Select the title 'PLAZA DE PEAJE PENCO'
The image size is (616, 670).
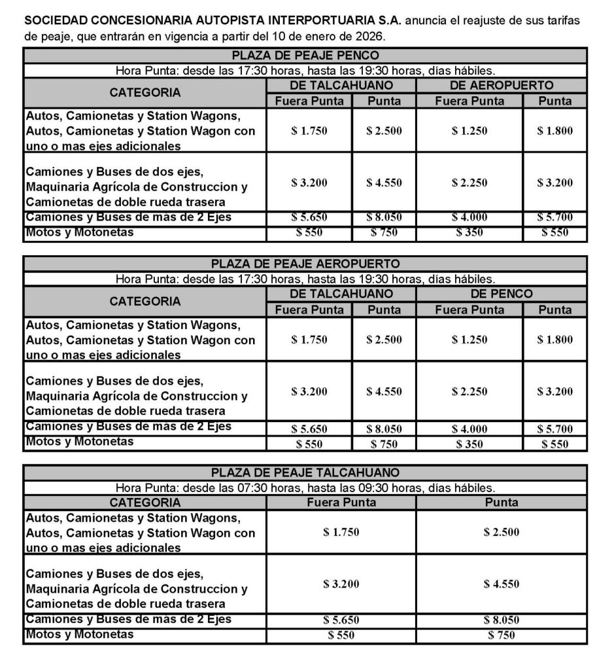305,56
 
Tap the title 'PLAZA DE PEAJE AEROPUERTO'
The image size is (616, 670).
305,264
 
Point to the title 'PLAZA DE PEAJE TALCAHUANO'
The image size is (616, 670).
305,472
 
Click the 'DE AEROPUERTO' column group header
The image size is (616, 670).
502,85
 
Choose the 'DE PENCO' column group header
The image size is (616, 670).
502,294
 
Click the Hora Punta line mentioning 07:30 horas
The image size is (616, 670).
305,487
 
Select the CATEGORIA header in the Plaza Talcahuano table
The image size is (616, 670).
145,502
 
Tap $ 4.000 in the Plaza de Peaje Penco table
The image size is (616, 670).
470,217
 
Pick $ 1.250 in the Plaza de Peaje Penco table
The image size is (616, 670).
470,130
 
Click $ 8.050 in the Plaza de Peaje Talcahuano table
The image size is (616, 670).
502,620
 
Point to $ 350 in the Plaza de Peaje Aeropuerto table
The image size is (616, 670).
470,444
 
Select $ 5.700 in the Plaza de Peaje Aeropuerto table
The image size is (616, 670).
555,429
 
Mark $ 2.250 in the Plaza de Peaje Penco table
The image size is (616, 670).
470,183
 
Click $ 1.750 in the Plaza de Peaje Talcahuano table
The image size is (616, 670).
341,532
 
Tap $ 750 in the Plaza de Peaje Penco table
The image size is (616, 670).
384,232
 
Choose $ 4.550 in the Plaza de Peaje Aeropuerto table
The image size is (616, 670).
384,391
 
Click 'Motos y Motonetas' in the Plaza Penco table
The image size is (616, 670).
79,232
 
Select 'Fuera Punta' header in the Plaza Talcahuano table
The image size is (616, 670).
341,502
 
